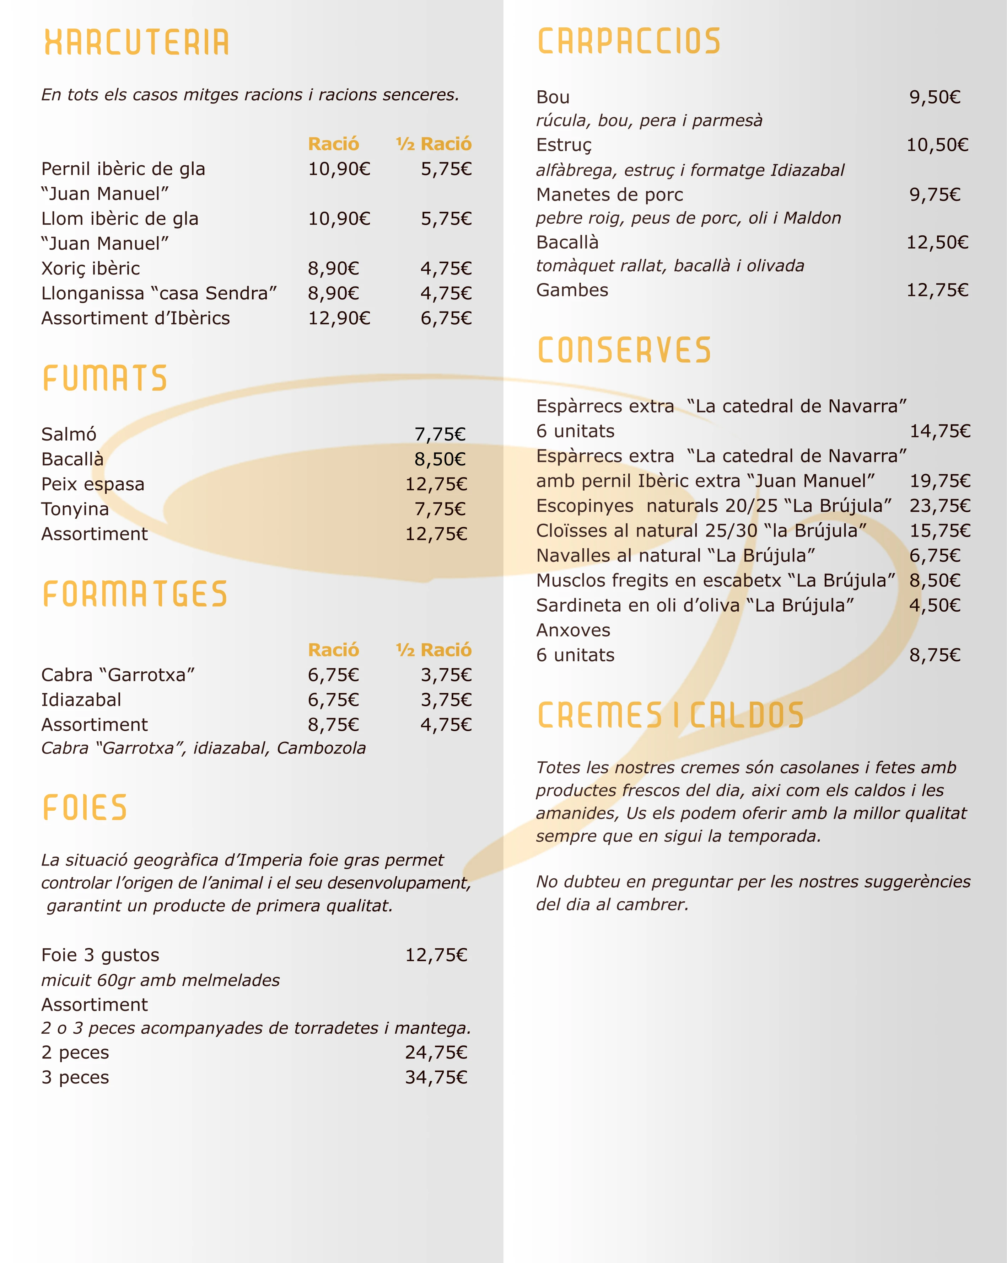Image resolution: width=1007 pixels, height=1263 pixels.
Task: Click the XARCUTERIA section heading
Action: (x=136, y=42)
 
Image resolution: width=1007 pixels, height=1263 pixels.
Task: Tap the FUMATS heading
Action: (x=106, y=378)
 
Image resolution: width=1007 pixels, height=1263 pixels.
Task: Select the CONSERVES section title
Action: (x=624, y=350)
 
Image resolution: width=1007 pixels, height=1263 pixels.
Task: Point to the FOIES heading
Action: (x=85, y=808)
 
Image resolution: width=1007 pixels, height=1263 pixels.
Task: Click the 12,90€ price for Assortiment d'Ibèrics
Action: (x=339, y=318)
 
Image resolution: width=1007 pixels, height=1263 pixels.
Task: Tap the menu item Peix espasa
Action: (x=92, y=484)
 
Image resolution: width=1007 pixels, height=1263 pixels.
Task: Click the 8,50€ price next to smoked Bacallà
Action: (x=440, y=459)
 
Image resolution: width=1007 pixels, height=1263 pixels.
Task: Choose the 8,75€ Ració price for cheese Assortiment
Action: (x=333, y=725)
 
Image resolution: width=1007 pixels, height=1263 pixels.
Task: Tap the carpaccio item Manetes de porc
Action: (x=609, y=194)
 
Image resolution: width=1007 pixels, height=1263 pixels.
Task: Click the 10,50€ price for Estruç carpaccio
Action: (x=937, y=145)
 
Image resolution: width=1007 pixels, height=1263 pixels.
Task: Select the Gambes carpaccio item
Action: (x=572, y=290)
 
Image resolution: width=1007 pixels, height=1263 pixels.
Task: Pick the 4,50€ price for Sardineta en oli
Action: (x=935, y=605)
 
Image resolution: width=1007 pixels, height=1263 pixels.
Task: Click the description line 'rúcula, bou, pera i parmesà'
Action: (x=649, y=121)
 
